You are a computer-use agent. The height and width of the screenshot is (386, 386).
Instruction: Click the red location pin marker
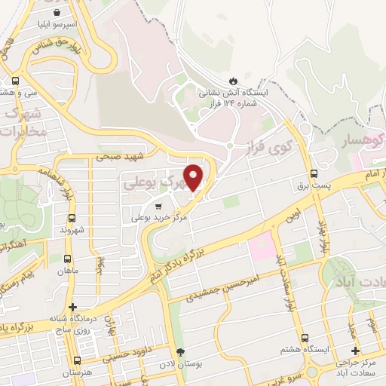[194, 177]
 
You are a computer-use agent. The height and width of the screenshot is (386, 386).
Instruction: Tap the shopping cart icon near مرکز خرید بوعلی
[158, 205]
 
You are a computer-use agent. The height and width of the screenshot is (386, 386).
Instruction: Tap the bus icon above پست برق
[314, 173]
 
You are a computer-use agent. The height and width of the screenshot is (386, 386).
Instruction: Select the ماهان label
[66, 271]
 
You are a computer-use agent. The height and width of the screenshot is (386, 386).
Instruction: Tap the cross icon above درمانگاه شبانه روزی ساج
[72, 307]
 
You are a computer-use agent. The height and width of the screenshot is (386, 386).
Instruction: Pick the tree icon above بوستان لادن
[179, 352]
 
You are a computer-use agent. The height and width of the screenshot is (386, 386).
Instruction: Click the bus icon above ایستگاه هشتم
[305, 339]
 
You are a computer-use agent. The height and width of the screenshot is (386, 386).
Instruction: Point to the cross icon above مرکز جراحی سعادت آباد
[355, 351]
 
